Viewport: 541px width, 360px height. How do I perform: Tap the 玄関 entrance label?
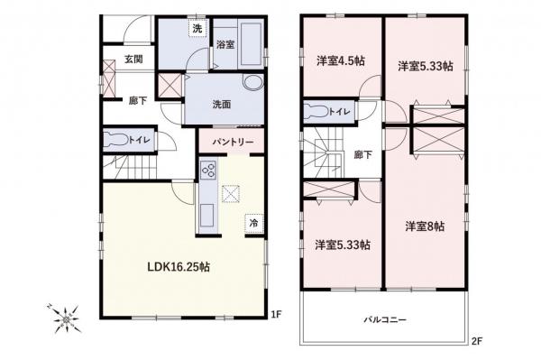[x=133, y=60]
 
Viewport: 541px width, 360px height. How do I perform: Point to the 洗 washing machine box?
[x=197, y=27]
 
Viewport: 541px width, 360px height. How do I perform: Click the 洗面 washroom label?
[x=222, y=104]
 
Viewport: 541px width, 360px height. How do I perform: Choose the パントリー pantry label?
[x=233, y=143]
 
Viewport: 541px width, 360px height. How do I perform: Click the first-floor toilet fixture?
[x=117, y=141]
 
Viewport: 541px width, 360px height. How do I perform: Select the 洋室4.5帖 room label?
[x=340, y=61]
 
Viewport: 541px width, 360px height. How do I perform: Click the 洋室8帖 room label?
[x=423, y=226]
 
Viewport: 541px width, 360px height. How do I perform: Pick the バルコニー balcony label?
[x=386, y=320]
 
